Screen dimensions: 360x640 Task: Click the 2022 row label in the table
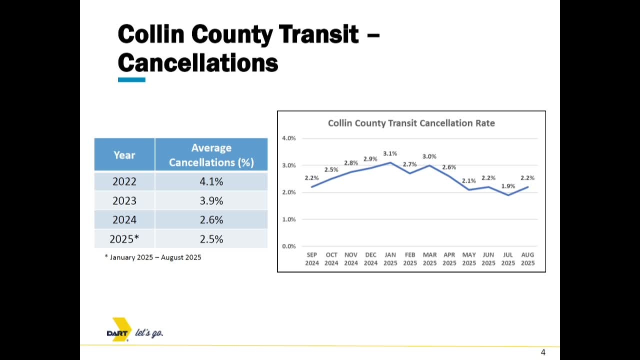click(x=124, y=181)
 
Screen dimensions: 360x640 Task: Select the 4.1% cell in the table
click(x=211, y=181)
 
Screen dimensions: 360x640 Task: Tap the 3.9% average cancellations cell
click(x=211, y=200)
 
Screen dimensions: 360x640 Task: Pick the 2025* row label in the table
click(x=124, y=239)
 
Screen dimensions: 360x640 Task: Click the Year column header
click(x=124, y=155)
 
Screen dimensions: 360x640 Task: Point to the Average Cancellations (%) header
click(x=211, y=155)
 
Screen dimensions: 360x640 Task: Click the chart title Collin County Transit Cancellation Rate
click(x=411, y=123)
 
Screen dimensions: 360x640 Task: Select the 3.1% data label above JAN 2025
click(x=390, y=153)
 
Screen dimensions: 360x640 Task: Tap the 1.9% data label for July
click(x=508, y=186)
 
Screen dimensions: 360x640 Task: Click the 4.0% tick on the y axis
click(x=289, y=138)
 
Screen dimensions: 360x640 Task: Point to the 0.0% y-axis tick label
click(x=289, y=246)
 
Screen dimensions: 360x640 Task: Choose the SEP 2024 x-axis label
click(x=311, y=259)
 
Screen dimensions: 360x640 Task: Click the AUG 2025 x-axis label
click(x=527, y=259)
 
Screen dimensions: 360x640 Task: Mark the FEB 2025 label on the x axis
click(x=410, y=259)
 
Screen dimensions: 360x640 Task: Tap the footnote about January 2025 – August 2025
click(x=153, y=257)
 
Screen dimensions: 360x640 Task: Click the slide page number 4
click(x=543, y=352)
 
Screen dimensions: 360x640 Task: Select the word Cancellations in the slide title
click(x=198, y=63)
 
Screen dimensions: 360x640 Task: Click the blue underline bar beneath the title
click(x=131, y=79)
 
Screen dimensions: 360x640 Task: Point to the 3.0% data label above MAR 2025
click(x=429, y=156)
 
